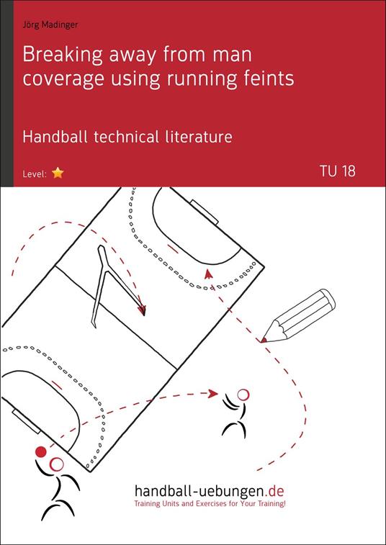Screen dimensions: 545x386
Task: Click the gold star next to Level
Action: click(x=58, y=173)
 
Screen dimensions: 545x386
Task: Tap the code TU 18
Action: click(x=337, y=172)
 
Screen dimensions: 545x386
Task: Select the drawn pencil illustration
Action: click(x=300, y=316)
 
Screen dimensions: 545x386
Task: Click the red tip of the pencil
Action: click(x=264, y=338)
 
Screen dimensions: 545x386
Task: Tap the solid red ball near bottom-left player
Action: click(x=40, y=452)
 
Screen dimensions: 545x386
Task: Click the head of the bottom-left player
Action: click(x=57, y=464)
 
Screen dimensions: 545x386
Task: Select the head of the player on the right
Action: click(x=243, y=394)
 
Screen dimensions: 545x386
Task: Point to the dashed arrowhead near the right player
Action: click(x=213, y=393)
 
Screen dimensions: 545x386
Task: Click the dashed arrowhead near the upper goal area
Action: click(x=208, y=273)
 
